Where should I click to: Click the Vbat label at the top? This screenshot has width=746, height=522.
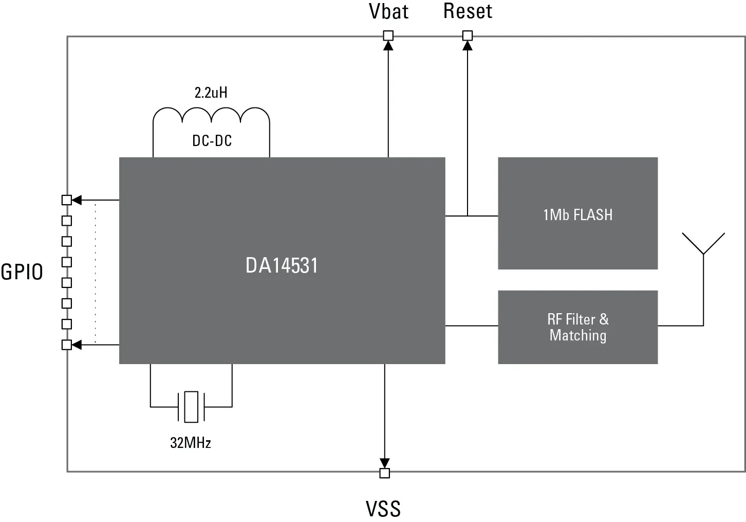click(388, 12)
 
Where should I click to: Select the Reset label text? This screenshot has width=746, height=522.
click(468, 11)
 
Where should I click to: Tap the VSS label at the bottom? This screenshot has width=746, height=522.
click(383, 509)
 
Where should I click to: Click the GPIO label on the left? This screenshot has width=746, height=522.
click(22, 272)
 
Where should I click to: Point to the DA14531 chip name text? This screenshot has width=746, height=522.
click(282, 266)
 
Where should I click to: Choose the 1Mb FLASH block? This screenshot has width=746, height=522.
click(577, 213)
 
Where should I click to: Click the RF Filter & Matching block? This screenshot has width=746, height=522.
click(577, 327)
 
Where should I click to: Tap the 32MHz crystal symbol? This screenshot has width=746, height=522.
click(191, 407)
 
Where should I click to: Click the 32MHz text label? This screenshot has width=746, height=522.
click(191, 443)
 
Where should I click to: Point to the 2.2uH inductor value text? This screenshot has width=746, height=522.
click(211, 93)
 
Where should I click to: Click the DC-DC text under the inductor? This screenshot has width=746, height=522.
click(212, 140)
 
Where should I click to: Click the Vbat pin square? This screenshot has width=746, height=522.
click(388, 35)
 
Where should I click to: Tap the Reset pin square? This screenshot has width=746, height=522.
click(467, 35)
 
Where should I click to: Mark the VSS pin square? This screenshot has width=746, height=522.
click(384, 473)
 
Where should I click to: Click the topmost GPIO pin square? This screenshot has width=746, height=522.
click(66, 200)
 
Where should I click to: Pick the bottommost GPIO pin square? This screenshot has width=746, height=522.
click(66, 345)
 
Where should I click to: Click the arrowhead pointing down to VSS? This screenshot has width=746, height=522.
click(384, 463)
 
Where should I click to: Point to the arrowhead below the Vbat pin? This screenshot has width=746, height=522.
click(388, 45)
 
